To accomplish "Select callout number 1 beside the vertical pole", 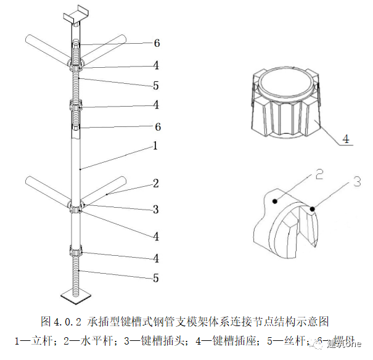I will tap(156, 146).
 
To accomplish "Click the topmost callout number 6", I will tap(157, 43).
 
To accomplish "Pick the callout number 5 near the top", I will tap(157, 84).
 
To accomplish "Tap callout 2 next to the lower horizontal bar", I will tap(156, 183).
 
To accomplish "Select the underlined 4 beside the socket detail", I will tap(346, 139).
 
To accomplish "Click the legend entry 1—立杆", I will tap(36, 340).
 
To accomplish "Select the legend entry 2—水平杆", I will tap(91, 340).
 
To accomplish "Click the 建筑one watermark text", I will tap(346, 343).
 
